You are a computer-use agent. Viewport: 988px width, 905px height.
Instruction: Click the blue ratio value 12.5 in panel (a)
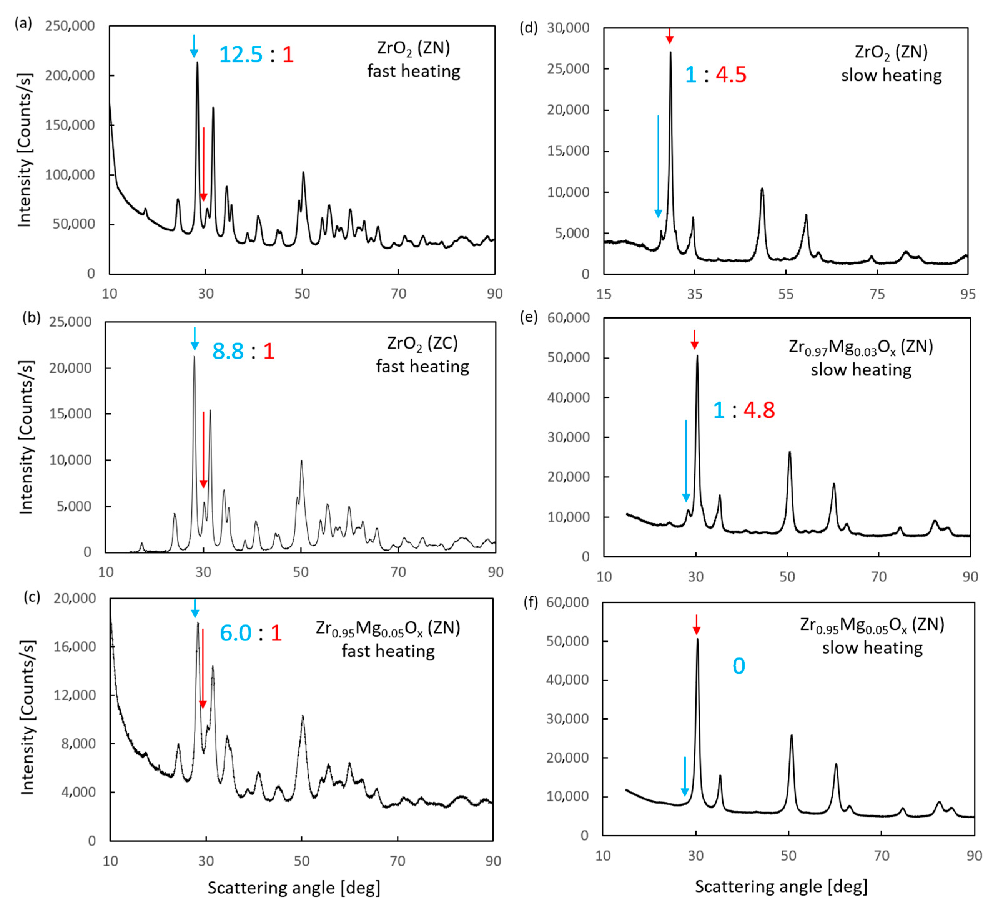point(241,54)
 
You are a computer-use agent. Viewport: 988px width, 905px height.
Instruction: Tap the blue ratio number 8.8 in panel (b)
point(228,351)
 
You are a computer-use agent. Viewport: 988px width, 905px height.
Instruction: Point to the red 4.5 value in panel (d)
point(731,74)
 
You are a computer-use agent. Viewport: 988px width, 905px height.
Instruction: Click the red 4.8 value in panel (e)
point(759,410)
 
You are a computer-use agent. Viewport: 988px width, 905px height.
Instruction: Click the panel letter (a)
point(23,23)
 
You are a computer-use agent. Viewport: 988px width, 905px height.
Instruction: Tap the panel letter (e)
point(528,318)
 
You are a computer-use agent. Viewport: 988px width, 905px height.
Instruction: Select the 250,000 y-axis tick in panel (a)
point(70,26)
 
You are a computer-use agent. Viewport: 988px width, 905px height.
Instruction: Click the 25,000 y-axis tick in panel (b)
point(70,322)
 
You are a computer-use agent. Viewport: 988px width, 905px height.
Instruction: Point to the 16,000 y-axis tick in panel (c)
point(75,647)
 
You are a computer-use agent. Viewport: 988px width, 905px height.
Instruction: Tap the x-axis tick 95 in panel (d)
point(967,294)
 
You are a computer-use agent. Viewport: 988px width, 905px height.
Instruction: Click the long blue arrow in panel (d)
point(658,166)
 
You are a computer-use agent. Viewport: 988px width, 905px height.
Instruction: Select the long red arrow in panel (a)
point(203,164)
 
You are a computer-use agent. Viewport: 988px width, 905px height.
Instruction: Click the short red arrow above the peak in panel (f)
point(696,625)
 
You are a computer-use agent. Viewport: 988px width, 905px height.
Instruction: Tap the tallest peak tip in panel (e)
point(697,356)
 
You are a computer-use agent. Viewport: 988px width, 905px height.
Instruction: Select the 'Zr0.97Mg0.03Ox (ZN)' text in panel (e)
point(861,347)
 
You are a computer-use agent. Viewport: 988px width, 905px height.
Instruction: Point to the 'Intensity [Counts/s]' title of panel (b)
point(27,437)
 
